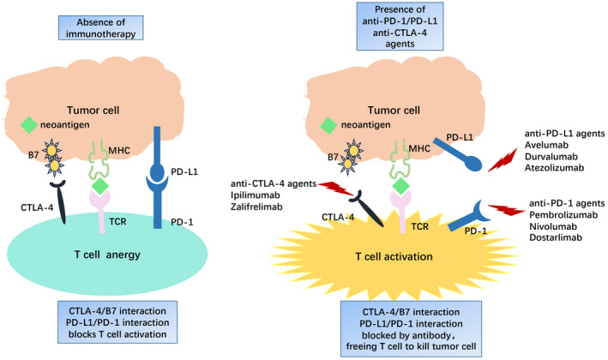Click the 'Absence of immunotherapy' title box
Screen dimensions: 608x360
(101, 28)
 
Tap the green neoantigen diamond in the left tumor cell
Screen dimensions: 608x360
(28, 125)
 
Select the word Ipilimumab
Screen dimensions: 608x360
(256, 195)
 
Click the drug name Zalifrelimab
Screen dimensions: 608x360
(256, 207)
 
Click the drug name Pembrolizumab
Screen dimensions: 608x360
(563, 214)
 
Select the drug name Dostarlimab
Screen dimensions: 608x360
(556, 237)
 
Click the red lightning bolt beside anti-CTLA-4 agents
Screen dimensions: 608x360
(336, 189)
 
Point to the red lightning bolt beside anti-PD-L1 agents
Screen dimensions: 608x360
(503, 159)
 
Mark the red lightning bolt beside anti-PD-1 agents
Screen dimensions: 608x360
(507, 210)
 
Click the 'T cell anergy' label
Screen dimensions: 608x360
(107, 255)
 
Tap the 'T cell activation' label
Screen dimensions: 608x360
(394, 256)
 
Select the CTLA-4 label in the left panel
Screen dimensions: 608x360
(37, 207)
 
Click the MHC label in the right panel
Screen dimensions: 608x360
(419, 148)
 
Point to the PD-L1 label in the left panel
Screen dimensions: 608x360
(184, 171)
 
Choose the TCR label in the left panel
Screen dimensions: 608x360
(117, 222)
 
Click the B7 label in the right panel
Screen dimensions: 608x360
(333, 158)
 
